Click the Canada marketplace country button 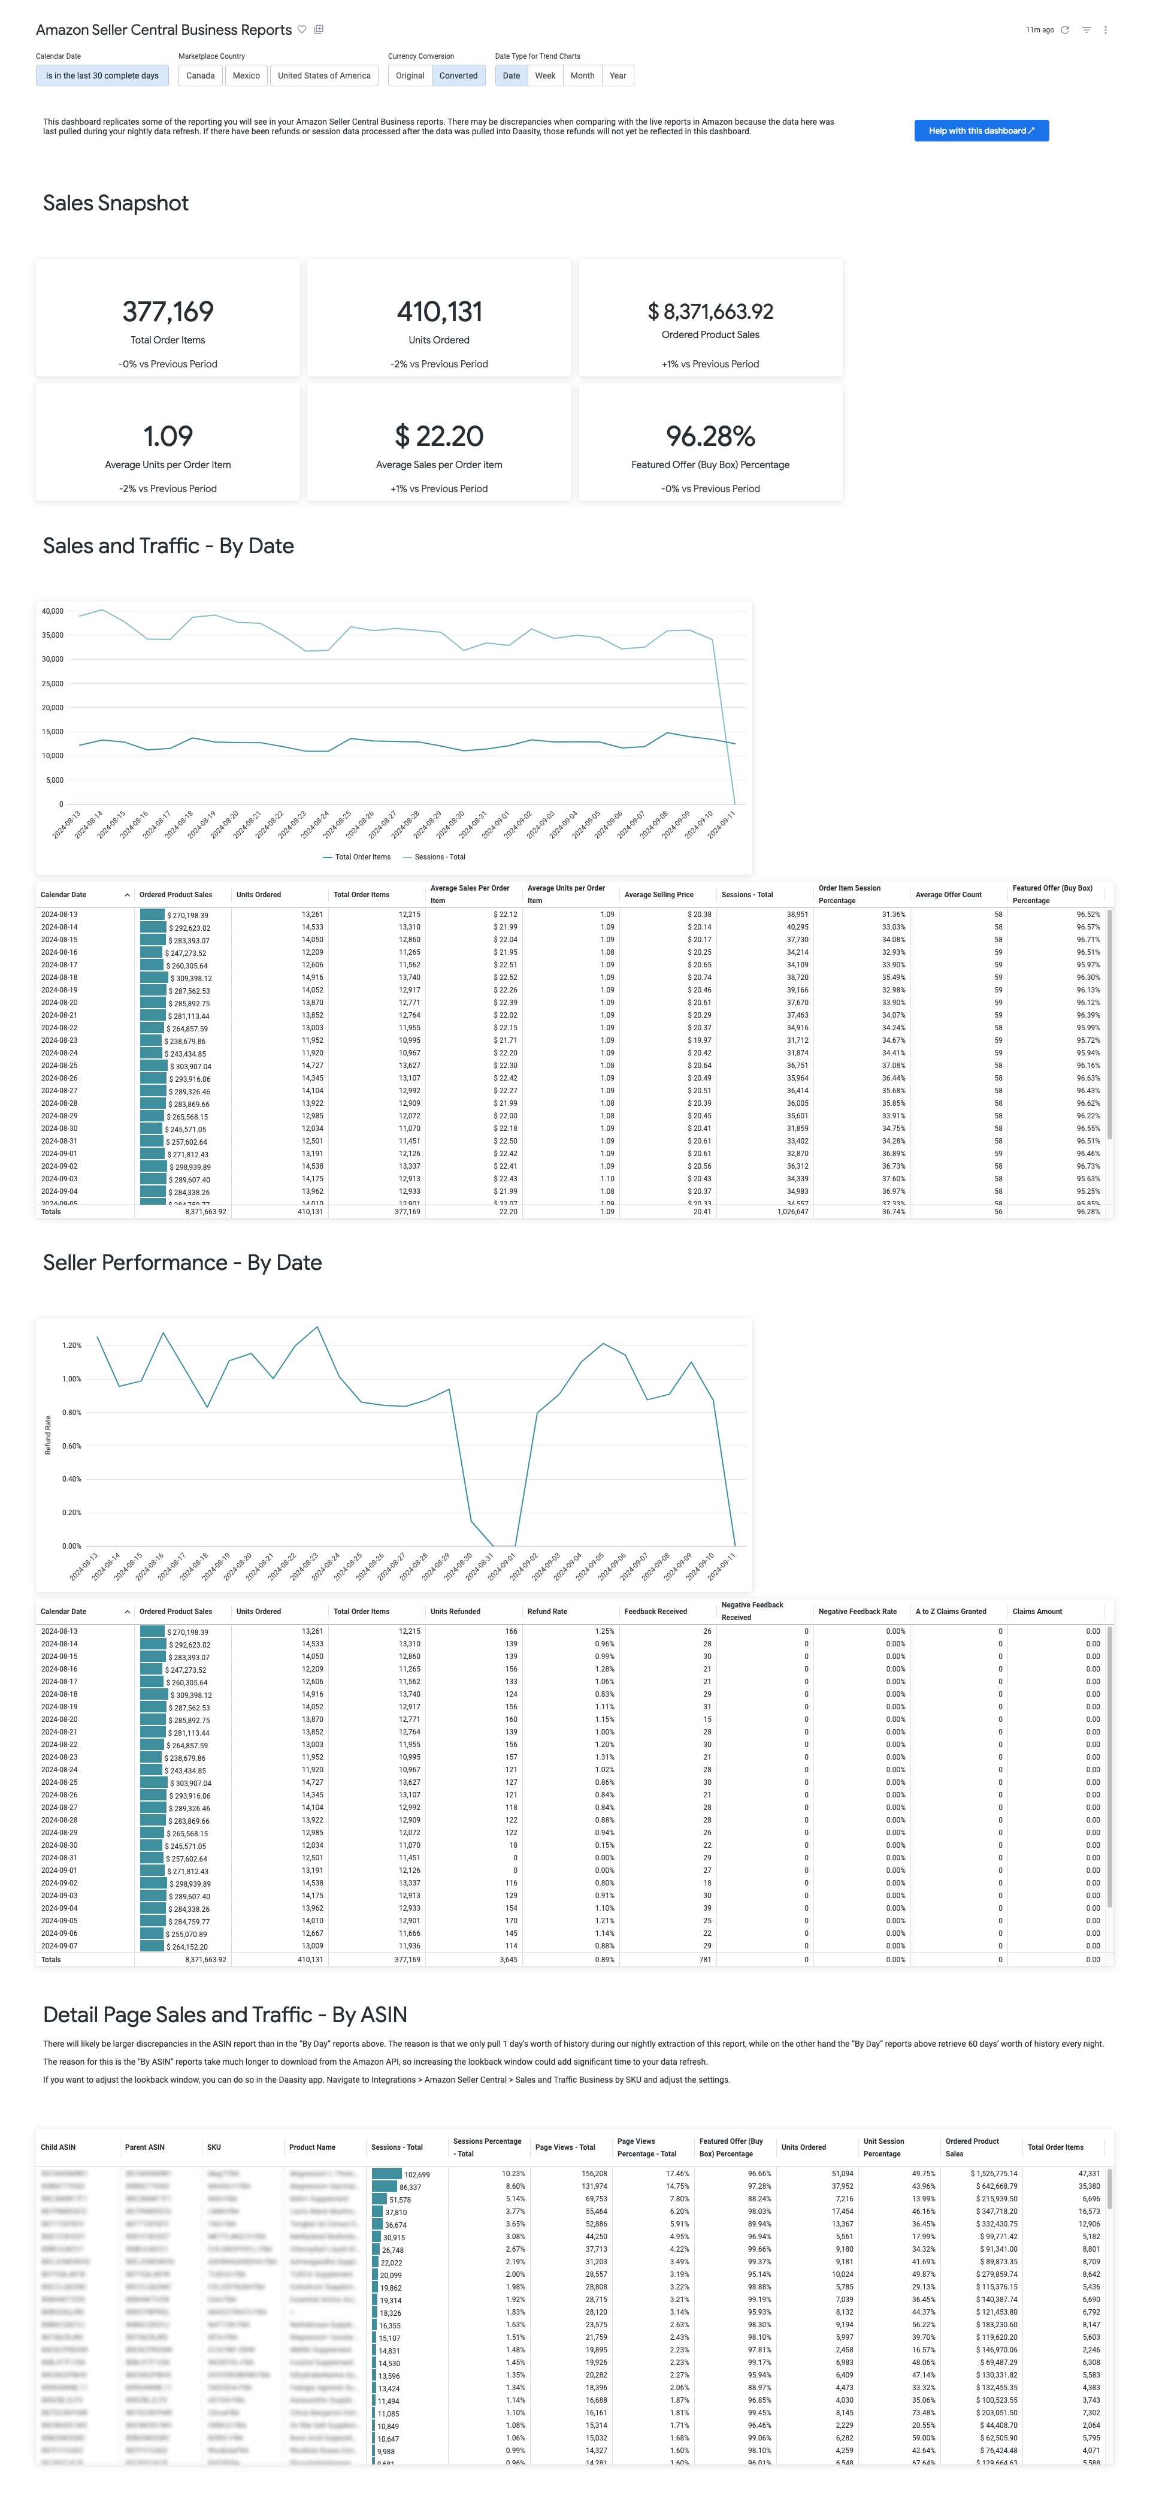(x=201, y=76)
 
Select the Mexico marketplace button (x=246, y=76)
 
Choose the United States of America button (x=323, y=76)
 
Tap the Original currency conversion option (x=410, y=76)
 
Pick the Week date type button (x=545, y=76)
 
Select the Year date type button (x=618, y=76)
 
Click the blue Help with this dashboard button (x=980, y=131)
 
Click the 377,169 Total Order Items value (x=168, y=312)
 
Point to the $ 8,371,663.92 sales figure (x=710, y=312)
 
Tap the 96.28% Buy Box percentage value (x=710, y=436)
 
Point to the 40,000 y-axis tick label (x=52, y=611)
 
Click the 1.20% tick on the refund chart (x=72, y=1345)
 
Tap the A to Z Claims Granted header (x=951, y=1612)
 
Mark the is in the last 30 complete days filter (x=102, y=76)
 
